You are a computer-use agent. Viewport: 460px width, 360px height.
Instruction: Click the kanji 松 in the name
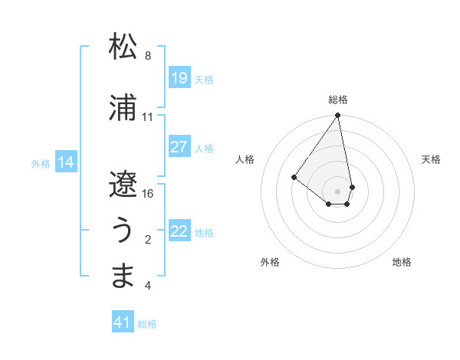tap(123, 47)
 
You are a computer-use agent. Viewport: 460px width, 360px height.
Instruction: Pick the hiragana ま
tap(123, 276)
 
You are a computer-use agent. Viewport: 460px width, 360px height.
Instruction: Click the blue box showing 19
tap(179, 78)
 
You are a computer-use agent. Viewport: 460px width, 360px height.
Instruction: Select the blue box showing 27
tap(179, 147)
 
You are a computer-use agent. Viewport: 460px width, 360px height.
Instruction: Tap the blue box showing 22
tap(179, 231)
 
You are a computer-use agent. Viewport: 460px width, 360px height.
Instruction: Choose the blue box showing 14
tap(66, 162)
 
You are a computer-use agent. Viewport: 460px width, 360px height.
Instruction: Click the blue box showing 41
tap(123, 323)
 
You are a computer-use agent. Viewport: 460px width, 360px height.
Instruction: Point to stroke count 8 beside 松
tap(148, 56)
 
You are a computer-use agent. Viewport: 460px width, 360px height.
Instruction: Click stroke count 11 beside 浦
tap(148, 117)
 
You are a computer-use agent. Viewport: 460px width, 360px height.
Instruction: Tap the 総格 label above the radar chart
tap(338, 100)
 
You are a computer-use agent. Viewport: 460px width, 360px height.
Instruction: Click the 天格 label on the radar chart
tap(431, 159)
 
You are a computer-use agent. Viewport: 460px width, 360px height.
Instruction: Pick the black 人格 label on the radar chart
tap(245, 159)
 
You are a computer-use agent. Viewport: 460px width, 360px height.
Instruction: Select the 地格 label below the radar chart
tap(402, 262)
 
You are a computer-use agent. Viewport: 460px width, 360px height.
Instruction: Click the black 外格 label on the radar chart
tap(270, 262)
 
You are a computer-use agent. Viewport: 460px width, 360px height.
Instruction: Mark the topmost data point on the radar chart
tap(337, 116)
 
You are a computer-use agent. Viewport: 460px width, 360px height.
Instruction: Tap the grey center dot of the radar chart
tap(337, 191)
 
